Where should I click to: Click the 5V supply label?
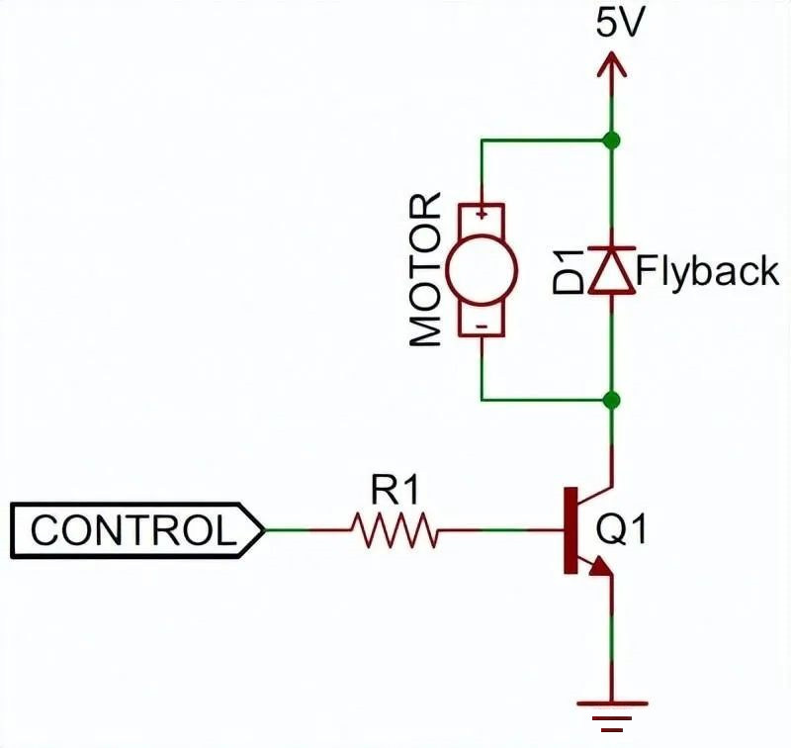tap(621, 23)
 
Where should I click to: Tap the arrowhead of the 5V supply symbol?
tap(612, 63)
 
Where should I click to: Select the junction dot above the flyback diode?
tap(612, 140)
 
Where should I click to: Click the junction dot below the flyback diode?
tap(612, 401)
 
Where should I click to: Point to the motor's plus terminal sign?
tap(483, 214)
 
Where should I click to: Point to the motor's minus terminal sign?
tap(483, 327)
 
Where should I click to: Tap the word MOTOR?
tap(425, 270)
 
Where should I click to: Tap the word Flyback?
tap(707, 271)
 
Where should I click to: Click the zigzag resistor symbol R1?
tap(395, 530)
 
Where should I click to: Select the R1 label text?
tap(395, 490)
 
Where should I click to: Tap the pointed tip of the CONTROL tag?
tap(264, 530)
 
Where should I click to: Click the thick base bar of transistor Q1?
tap(571, 530)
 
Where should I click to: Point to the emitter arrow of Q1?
tap(601, 566)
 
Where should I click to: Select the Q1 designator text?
tap(621, 530)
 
